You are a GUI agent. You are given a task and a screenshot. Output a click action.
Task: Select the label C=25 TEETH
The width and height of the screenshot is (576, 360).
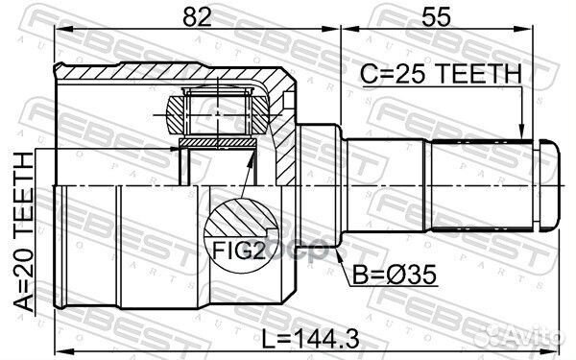tap(439, 73)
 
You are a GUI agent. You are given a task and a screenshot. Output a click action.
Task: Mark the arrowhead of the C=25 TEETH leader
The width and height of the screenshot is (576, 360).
tap(520, 135)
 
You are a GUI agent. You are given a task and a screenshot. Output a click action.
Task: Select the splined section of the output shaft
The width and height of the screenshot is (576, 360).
tap(480, 185)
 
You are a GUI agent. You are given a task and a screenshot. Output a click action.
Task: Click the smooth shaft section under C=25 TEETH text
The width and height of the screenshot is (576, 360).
tap(384, 185)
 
